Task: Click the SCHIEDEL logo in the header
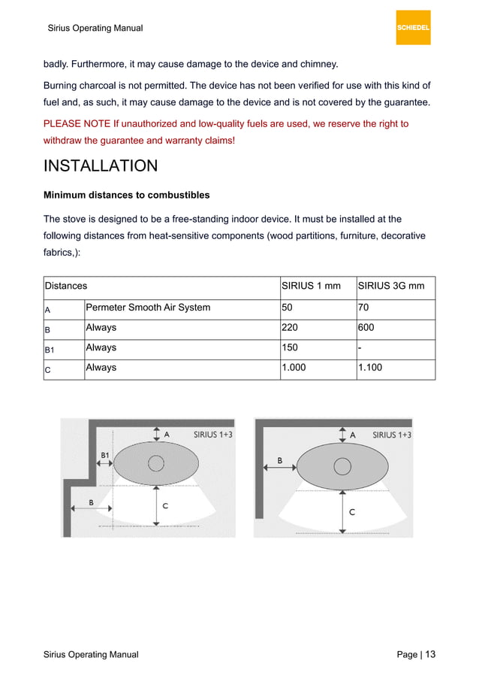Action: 413,28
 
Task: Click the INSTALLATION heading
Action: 101,166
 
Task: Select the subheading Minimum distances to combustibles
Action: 126,196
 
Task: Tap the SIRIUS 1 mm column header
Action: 311,286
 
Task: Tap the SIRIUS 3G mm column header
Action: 391,286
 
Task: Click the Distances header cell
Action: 66,286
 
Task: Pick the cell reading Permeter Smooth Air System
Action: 148,307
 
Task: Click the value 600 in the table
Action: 366,328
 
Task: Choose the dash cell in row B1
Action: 360,348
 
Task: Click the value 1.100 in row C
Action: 370,368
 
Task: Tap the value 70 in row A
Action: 364,307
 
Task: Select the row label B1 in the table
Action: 50,350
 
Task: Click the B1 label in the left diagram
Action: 107,455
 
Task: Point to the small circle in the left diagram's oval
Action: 156,463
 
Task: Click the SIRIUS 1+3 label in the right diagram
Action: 391,435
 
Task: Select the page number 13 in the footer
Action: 429,654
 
